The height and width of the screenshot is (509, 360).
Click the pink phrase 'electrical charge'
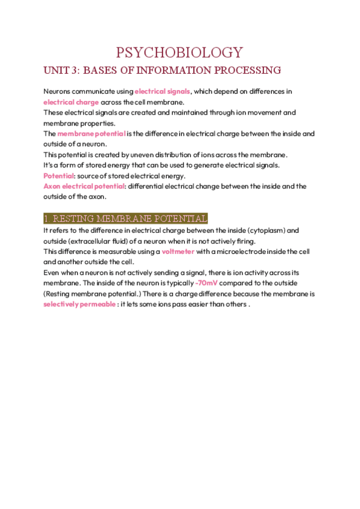pos(71,102)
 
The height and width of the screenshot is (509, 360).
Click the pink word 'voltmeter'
pos(178,251)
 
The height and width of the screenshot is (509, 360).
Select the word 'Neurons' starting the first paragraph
pos(58,91)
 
